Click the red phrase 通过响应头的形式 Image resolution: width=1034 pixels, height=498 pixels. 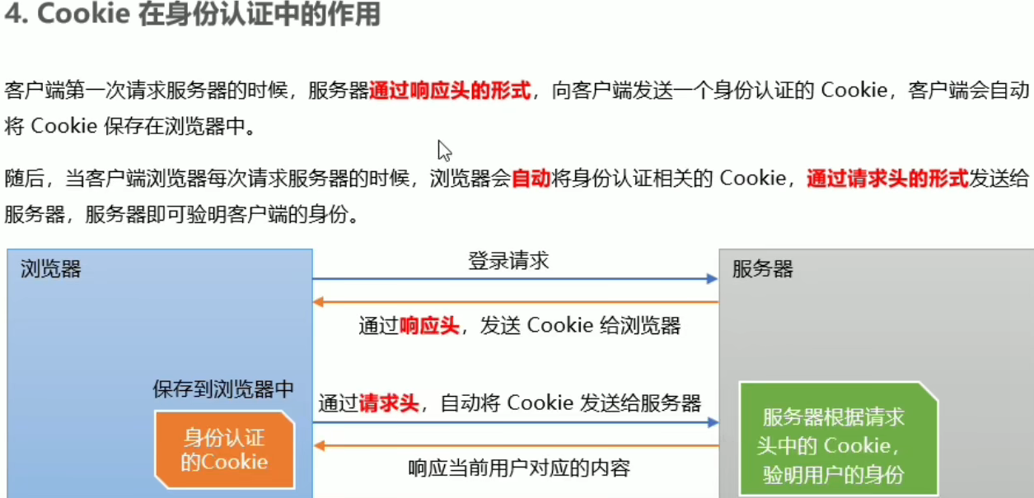[x=450, y=91]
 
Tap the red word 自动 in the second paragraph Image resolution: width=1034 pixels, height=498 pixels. [x=531, y=178]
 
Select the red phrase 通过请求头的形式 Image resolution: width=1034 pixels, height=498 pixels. [x=887, y=178]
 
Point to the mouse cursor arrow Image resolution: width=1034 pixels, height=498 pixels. [x=443, y=149]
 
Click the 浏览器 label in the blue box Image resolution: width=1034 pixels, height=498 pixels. [x=51, y=269]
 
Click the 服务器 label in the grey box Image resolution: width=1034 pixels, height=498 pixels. [x=763, y=269]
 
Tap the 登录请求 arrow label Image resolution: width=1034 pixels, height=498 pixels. [x=508, y=262]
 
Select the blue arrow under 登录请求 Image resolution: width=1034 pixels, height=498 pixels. [x=515, y=280]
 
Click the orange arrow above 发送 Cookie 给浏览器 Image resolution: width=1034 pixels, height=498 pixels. [x=515, y=302]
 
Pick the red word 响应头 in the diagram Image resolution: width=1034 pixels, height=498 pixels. [x=428, y=325]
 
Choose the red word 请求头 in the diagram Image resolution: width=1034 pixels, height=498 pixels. [x=389, y=403]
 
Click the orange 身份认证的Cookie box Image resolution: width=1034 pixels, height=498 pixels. [x=224, y=449]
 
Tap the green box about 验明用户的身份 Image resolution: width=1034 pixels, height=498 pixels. [x=838, y=444]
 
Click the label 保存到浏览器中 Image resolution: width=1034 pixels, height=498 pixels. [x=223, y=389]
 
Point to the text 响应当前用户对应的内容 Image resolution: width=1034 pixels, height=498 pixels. [x=519, y=468]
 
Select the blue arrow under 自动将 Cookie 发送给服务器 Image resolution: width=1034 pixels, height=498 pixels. [x=515, y=423]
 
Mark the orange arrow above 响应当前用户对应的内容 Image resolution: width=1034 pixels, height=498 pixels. [x=515, y=445]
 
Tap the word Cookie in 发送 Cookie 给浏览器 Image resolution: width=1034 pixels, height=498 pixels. [x=560, y=325]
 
